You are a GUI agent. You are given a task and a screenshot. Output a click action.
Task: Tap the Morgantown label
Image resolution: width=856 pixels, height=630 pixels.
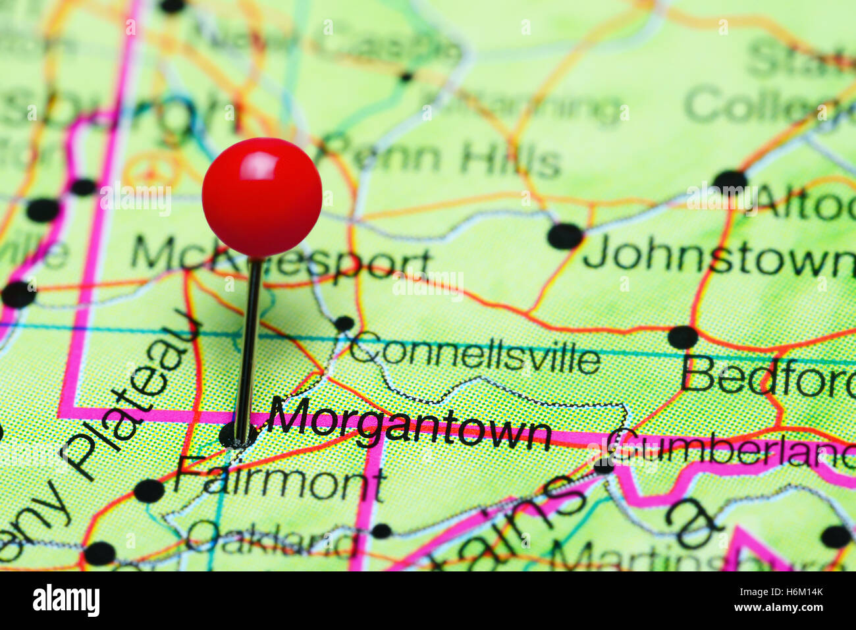[x=410, y=425]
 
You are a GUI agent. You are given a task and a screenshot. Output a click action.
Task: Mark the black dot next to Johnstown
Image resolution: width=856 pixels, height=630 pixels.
[x=565, y=236]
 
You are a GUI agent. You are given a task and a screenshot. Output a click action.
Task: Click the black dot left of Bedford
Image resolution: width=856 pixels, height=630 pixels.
[x=682, y=337]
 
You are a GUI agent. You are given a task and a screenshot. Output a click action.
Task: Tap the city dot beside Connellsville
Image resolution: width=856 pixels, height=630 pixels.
[x=344, y=323]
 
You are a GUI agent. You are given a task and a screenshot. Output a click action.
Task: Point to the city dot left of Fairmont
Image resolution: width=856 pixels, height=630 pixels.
[x=149, y=490]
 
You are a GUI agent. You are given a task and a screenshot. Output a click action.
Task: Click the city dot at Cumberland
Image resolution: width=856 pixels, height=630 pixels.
[x=603, y=465]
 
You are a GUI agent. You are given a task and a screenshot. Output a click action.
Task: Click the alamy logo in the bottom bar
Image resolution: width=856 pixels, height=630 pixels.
[x=66, y=600]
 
